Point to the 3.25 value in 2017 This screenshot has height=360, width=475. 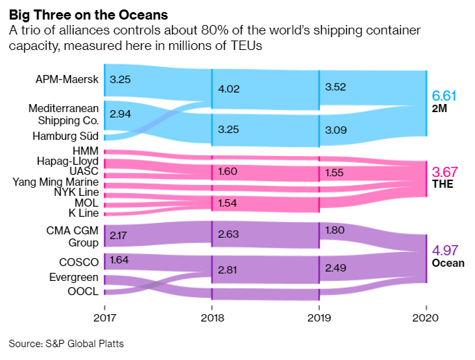[119, 79]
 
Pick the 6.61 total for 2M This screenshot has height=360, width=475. [445, 95]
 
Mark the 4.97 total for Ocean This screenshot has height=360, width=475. [445, 250]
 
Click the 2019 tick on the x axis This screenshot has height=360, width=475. [319, 317]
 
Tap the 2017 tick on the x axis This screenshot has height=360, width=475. [105, 317]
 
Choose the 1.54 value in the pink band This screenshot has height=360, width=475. [227, 203]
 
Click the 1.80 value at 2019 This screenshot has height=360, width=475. [335, 230]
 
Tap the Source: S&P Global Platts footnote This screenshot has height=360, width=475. [66, 344]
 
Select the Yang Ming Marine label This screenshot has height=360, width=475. [56, 182]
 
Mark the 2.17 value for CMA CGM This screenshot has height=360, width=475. [119, 236]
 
